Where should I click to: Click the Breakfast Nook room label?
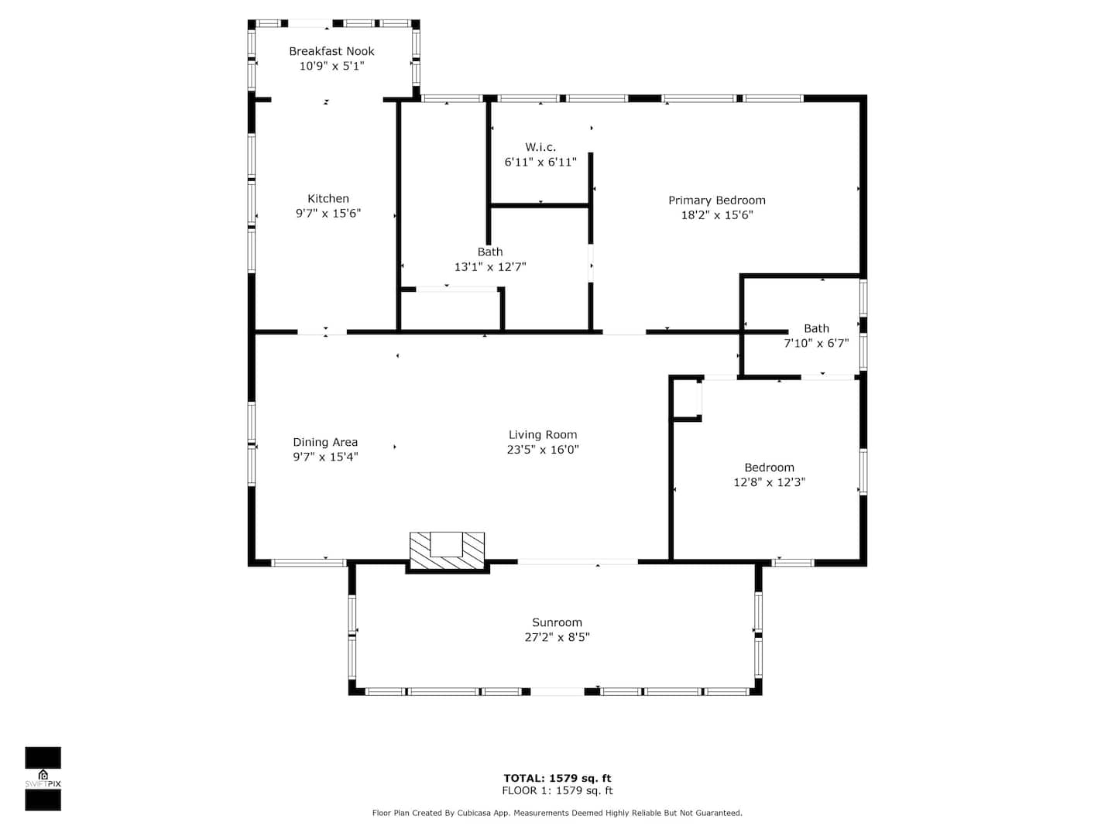point(331,51)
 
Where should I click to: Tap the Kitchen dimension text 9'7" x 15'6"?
point(328,213)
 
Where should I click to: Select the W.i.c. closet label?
point(540,147)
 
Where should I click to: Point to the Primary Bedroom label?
point(716,200)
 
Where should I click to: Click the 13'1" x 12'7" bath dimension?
point(489,267)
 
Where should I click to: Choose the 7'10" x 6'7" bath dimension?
point(816,344)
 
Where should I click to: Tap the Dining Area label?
point(325,442)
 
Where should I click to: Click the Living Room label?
point(543,435)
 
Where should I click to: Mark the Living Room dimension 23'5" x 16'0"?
point(543,450)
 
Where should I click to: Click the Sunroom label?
point(557,623)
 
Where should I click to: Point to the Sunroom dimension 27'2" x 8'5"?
point(557,637)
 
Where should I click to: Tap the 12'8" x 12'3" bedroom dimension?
point(769,483)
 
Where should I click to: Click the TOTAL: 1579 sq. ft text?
point(557,779)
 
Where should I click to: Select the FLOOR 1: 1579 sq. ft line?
point(557,791)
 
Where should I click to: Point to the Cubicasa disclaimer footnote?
point(557,813)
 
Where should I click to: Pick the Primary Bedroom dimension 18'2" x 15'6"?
point(716,215)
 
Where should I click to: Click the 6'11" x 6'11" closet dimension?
point(540,163)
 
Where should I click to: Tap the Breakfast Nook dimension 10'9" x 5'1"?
point(331,66)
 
